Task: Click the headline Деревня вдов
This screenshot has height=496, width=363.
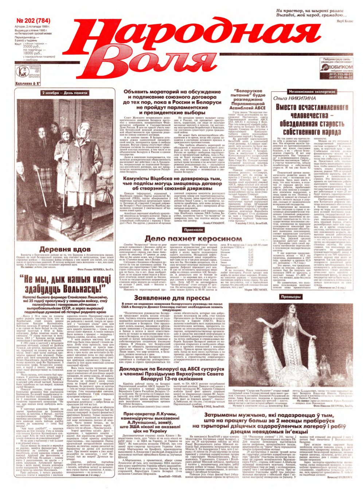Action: tap(66, 249)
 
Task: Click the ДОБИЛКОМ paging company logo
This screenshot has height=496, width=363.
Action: tap(339, 68)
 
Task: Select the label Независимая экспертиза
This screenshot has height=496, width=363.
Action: tap(305, 92)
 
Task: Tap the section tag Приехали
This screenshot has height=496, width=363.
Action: tap(194, 230)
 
